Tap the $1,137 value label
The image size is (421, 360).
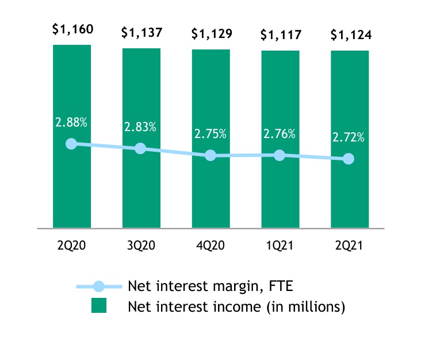click(141, 32)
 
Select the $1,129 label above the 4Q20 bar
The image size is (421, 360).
click(210, 33)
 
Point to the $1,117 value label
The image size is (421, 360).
click(280, 35)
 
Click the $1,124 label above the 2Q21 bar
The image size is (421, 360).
click(350, 35)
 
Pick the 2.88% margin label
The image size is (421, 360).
click(71, 122)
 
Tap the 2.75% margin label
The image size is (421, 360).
click(210, 134)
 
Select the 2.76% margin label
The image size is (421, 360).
click(280, 134)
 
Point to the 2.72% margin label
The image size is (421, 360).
click(348, 138)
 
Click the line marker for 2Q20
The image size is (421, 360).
click(71, 144)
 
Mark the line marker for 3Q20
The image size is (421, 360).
click(140, 149)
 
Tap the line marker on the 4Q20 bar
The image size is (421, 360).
click(210, 155)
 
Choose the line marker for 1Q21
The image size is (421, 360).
click(280, 155)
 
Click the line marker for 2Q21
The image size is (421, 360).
click(349, 159)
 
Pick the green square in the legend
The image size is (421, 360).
click(99, 307)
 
